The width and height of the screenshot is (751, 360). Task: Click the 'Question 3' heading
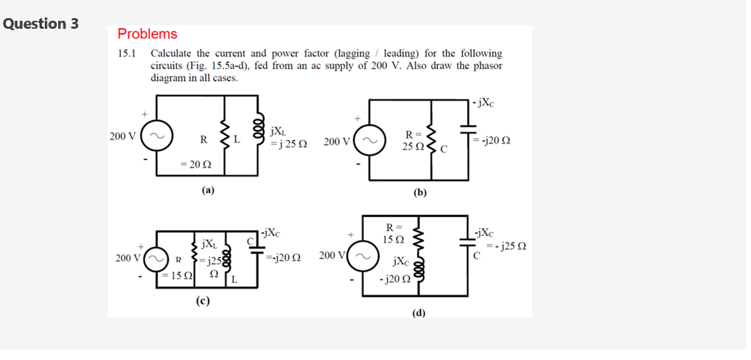[41, 23]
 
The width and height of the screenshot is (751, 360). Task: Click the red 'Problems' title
[147, 34]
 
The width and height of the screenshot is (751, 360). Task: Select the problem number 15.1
[127, 54]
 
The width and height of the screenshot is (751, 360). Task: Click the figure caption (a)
[208, 190]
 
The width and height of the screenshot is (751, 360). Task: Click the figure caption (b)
[419, 193]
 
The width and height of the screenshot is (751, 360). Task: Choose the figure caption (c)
[203, 301]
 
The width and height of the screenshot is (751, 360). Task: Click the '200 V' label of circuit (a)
[122, 137]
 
